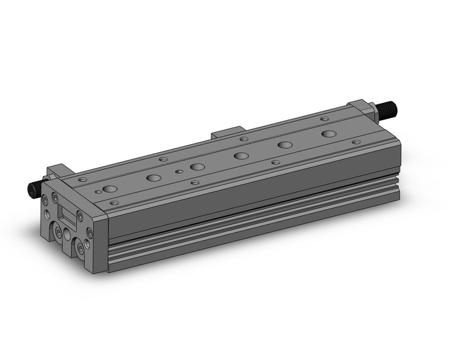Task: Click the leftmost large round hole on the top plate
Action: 110,189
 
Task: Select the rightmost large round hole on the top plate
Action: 329,133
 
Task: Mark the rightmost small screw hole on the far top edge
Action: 324,118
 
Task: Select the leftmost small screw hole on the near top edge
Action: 113,202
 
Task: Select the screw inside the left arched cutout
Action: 56,233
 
